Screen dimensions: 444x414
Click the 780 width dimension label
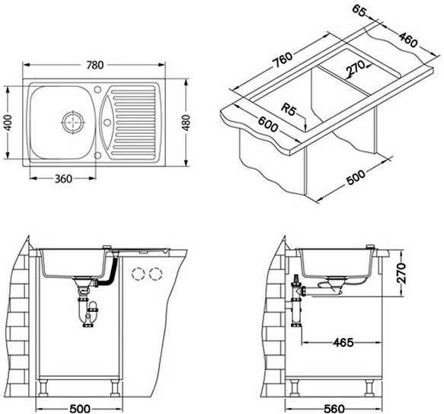point(95,65)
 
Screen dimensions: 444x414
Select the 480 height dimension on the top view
point(186,123)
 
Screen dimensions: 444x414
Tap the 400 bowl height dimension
point(8,123)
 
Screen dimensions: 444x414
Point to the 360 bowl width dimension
point(63,179)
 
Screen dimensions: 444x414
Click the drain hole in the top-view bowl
point(74,122)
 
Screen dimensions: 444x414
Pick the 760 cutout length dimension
point(282,60)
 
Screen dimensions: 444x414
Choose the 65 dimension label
point(359,11)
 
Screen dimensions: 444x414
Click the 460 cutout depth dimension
point(408,40)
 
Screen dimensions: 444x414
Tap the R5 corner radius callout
point(289,110)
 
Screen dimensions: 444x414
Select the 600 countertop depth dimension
point(268,125)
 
